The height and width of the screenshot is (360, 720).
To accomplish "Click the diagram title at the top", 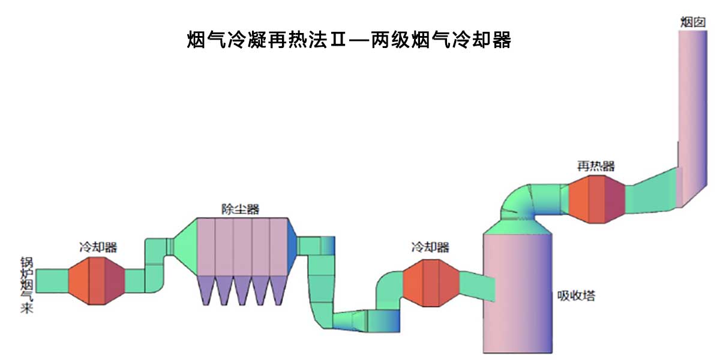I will click(349, 40).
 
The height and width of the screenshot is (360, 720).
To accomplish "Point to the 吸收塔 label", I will click(576, 296).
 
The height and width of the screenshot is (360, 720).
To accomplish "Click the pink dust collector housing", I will click(243, 246).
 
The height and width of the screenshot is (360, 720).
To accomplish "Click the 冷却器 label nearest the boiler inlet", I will click(98, 247).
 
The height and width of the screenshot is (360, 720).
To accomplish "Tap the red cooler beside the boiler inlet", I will click(97, 280).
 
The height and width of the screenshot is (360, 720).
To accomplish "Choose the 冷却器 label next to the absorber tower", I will click(430, 247).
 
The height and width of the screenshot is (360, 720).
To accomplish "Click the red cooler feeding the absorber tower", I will click(430, 283).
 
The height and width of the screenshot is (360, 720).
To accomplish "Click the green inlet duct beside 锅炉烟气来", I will click(53, 280).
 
